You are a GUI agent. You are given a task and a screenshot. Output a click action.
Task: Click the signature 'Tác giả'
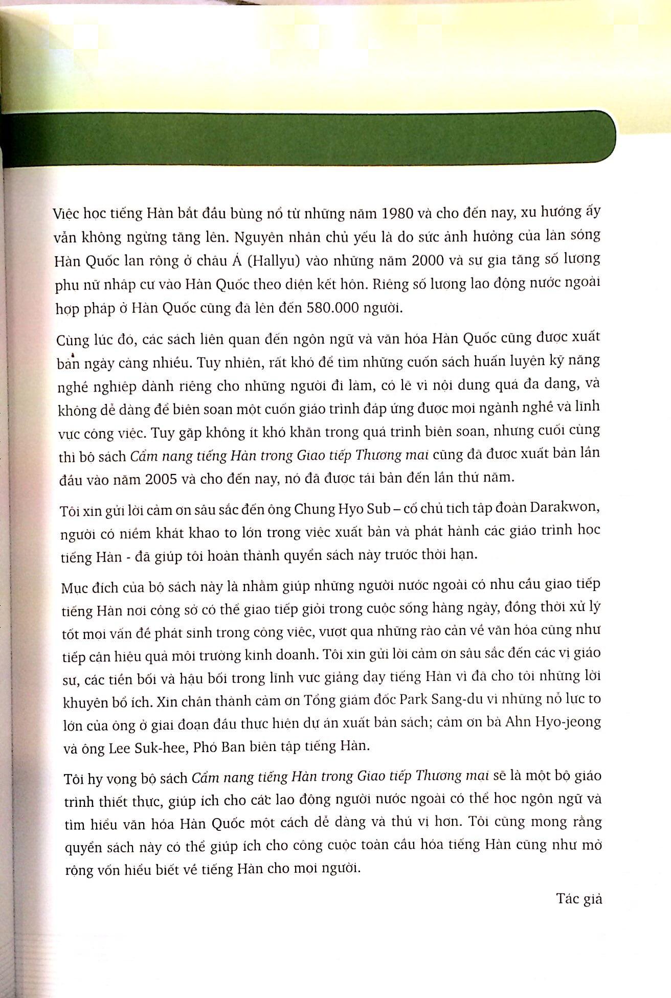tap(579, 899)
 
